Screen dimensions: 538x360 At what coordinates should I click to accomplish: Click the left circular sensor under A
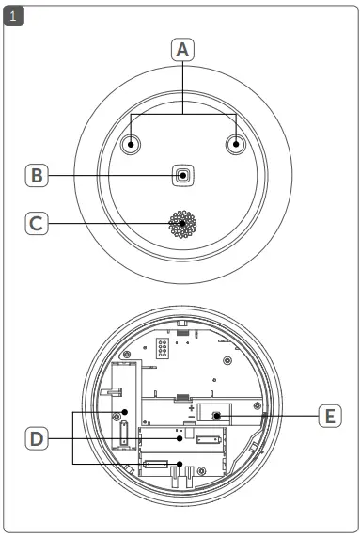131,144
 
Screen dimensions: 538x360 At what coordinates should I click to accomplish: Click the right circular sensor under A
235,144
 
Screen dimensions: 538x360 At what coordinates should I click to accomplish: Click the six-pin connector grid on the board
163,350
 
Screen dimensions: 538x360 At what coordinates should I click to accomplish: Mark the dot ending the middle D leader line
180,437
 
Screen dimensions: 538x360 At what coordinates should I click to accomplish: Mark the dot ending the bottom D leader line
127,463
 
